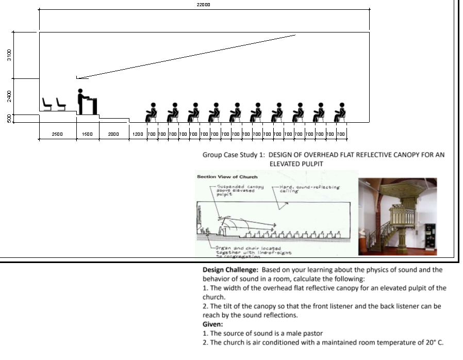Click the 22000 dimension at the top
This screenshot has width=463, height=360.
pos(203,4)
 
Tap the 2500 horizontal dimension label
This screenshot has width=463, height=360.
pos(57,134)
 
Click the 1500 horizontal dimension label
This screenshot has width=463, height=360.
pos(87,134)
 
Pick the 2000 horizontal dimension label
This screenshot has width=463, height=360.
pos(113,134)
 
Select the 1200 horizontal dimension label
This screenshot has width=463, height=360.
pos(138,134)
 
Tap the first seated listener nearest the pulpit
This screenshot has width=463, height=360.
pos(152,112)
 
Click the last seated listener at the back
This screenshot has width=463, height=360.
pos(340,112)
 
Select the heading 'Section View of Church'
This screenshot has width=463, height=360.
pos(220,177)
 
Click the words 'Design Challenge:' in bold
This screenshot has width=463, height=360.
pos(230,270)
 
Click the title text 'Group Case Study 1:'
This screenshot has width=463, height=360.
pos(234,154)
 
